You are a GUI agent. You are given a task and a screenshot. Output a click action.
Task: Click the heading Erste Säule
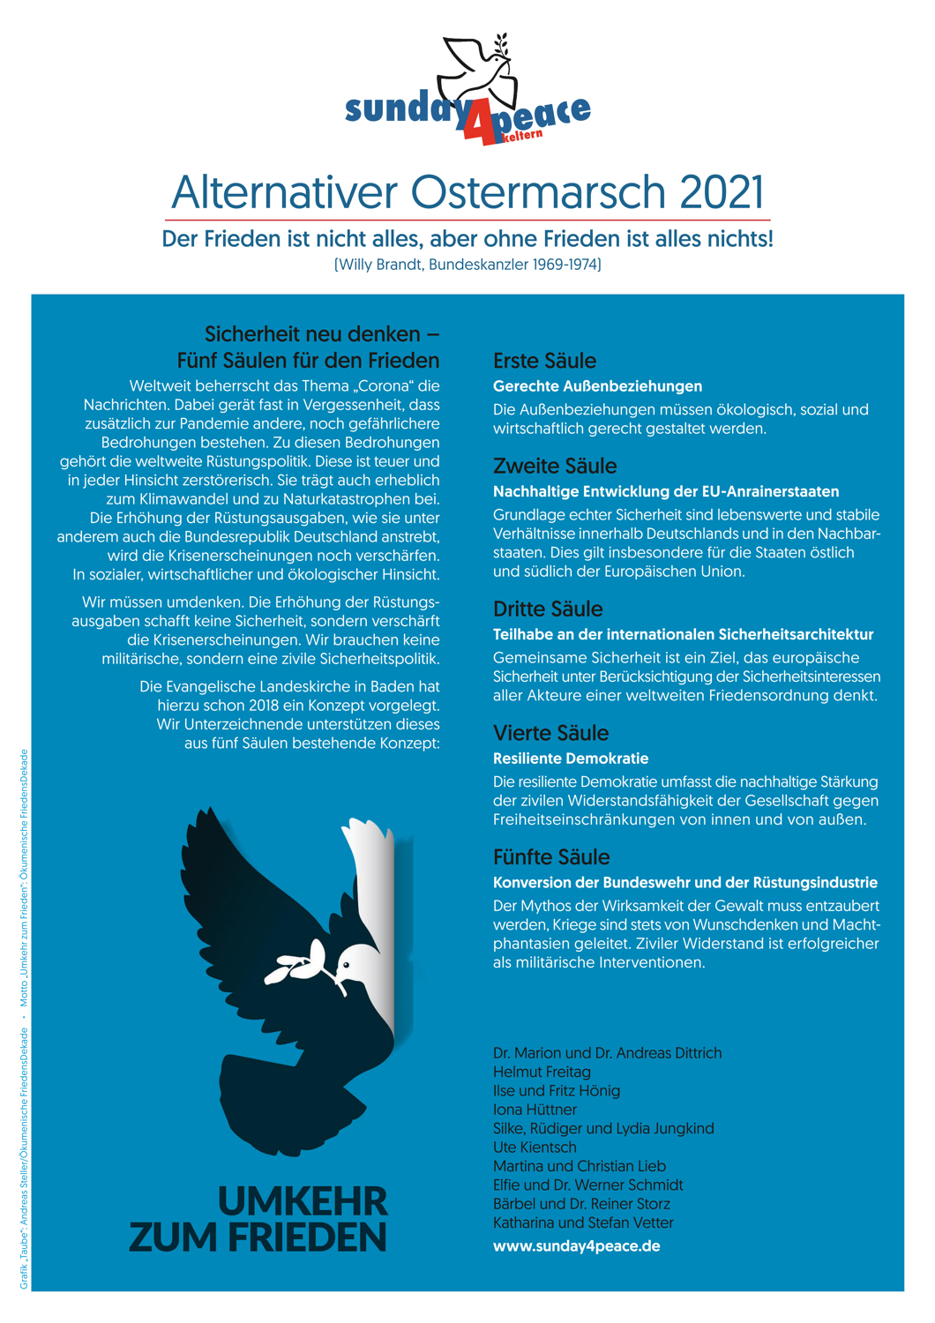544,361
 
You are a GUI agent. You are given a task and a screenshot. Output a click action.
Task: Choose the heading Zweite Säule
555,466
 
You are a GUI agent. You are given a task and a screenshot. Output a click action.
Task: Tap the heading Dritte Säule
548,609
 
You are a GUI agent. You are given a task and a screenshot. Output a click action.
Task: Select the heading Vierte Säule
550,733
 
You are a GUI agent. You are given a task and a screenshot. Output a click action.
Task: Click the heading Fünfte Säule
551,857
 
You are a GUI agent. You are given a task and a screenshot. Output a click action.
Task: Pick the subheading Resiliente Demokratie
571,759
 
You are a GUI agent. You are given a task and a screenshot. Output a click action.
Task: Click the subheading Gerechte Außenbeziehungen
597,386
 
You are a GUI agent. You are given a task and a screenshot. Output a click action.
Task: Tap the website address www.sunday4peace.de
577,1246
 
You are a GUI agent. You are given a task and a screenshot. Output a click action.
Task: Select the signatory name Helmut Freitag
542,1072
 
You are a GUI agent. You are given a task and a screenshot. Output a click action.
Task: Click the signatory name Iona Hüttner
535,1110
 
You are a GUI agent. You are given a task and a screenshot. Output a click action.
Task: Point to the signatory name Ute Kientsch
535,1147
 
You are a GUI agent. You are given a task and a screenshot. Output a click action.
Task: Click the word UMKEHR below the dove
303,1201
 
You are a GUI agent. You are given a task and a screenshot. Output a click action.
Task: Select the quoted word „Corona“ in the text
385,385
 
